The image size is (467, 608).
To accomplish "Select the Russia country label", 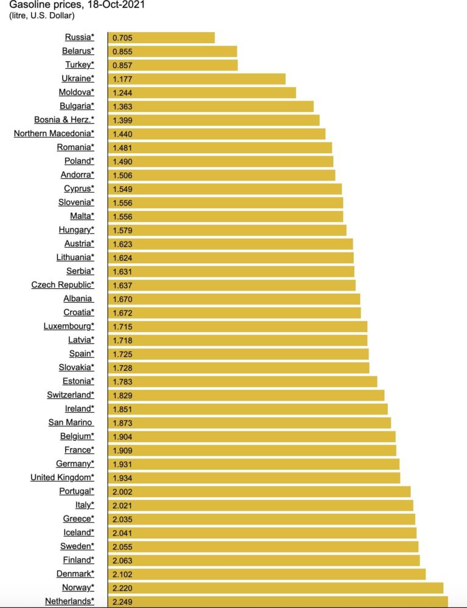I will pyautogui.click(x=79, y=38).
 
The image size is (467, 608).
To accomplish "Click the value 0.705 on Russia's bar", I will pyautogui.click(x=122, y=38).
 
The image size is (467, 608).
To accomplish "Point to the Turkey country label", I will pyautogui.click(x=79, y=65).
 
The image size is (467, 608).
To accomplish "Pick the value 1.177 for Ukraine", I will pyautogui.click(x=122, y=79).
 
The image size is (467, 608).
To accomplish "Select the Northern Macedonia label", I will pyautogui.click(x=54, y=134).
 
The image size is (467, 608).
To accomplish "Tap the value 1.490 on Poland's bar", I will pyautogui.click(x=122, y=161).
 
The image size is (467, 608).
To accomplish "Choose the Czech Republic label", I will pyautogui.click(x=63, y=285).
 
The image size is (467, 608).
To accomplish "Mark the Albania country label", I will pyautogui.click(x=78, y=299).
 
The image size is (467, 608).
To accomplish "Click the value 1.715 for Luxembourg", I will pyautogui.click(x=122, y=326).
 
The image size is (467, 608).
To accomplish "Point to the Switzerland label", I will pyautogui.click(x=71, y=395).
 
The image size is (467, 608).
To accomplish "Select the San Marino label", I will pyautogui.click(x=71, y=423).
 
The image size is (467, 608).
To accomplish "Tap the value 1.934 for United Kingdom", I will pyautogui.click(x=122, y=477).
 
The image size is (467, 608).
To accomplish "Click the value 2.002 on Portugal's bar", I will pyautogui.click(x=122, y=491).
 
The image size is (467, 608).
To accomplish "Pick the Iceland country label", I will pyautogui.click(x=78, y=532).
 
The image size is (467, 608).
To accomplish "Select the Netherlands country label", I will pyautogui.click(x=69, y=601).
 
